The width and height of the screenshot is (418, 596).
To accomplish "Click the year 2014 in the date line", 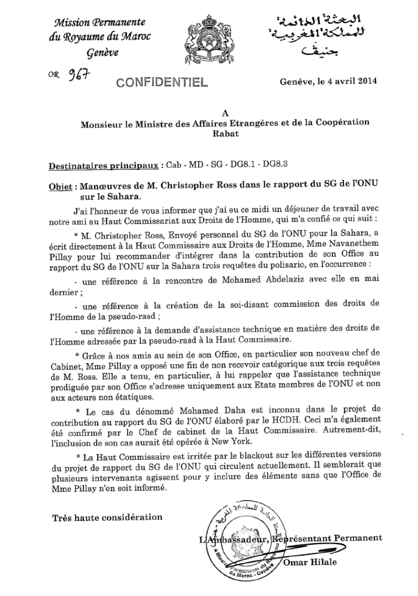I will pyautogui.click(x=364, y=81).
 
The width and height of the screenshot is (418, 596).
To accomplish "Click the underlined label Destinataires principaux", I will pyautogui.click(x=104, y=165).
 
